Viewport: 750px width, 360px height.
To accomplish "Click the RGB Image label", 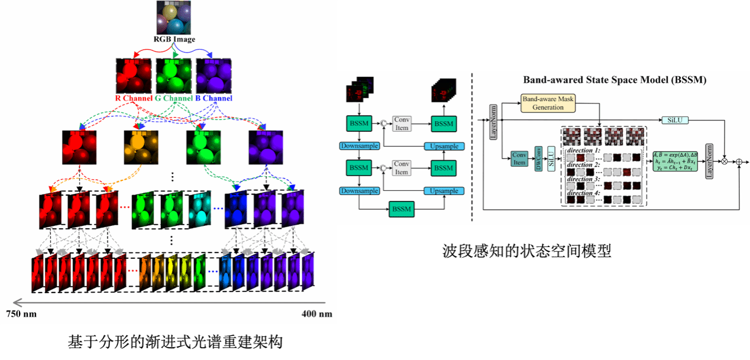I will coord(174,40).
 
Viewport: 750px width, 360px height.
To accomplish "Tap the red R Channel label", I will coord(134,98).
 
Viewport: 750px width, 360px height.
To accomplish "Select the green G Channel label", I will coord(174,98).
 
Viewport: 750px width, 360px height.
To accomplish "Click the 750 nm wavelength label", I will coord(21,313).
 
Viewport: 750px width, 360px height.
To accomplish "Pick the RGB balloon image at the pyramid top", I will coord(174,17).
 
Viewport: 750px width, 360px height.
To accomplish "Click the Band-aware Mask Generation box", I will coord(548,103).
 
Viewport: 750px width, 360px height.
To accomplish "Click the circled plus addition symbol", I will coord(739,160).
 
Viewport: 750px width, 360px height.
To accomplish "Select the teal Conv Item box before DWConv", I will coord(519,158).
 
